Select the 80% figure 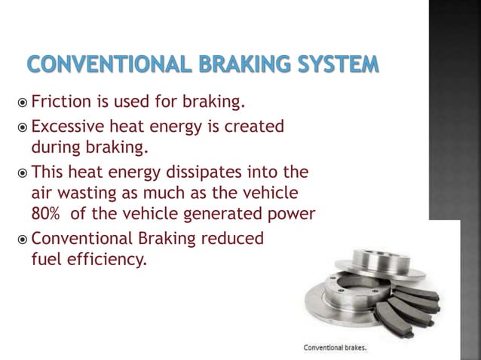tap(46, 213)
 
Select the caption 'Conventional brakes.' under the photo tap(339, 348)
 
